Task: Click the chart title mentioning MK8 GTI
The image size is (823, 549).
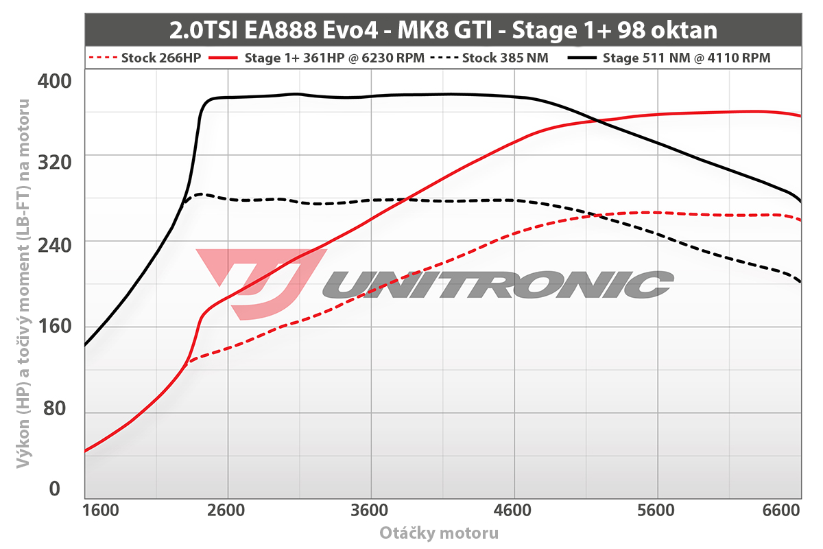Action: point(443,30)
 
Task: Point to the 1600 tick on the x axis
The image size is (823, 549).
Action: point(100,511)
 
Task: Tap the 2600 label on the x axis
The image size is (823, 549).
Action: point(226,511)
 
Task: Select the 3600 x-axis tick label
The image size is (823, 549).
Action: point(370,511)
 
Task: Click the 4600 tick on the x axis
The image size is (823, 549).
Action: point(514,511)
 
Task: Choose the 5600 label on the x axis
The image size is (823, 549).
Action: point(657,511)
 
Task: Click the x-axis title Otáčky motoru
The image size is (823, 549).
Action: point(439,533)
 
